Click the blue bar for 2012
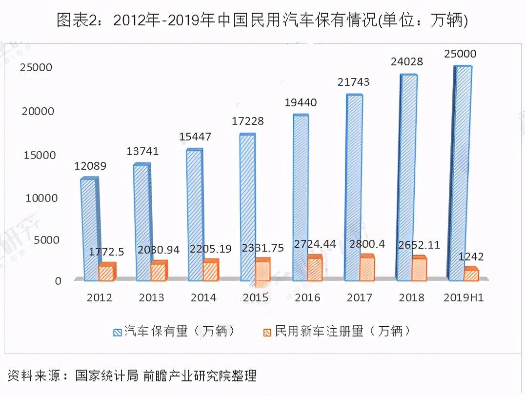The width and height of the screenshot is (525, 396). coord(89,229)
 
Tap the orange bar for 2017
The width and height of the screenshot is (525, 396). coord(367,269)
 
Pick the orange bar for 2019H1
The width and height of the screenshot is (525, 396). coord(471,275)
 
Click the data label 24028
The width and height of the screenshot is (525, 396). coord(406,62)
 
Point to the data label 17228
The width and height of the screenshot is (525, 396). coord(247,121)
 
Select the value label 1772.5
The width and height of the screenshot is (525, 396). coord(106,252)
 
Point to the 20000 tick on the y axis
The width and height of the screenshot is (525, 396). coord(37,111)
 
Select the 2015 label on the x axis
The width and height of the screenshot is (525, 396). coord(256,297)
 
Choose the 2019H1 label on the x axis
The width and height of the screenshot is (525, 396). coord(464,297)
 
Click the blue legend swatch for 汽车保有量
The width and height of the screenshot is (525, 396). coord(117,332)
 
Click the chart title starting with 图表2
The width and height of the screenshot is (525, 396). coord(262,20)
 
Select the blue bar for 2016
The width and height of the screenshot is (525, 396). coord(300,198)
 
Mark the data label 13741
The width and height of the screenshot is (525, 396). coord(142,151)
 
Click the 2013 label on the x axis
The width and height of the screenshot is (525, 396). coord(151,297)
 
